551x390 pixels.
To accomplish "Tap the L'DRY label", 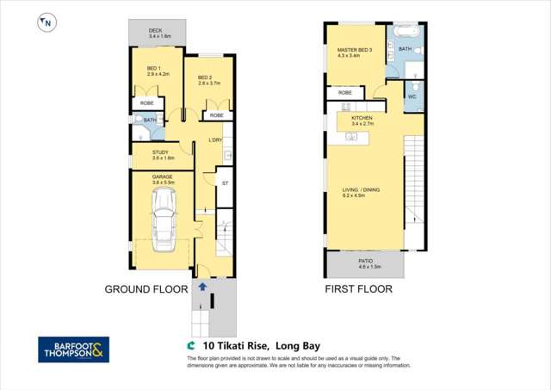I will (x=216, y=139).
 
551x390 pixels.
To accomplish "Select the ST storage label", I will (x=225, y=183).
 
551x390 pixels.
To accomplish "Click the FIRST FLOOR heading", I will (x=358, y=289).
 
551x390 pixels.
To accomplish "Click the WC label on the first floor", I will (x=412, y=96).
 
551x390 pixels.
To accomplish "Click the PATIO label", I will (x=365, y=261).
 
